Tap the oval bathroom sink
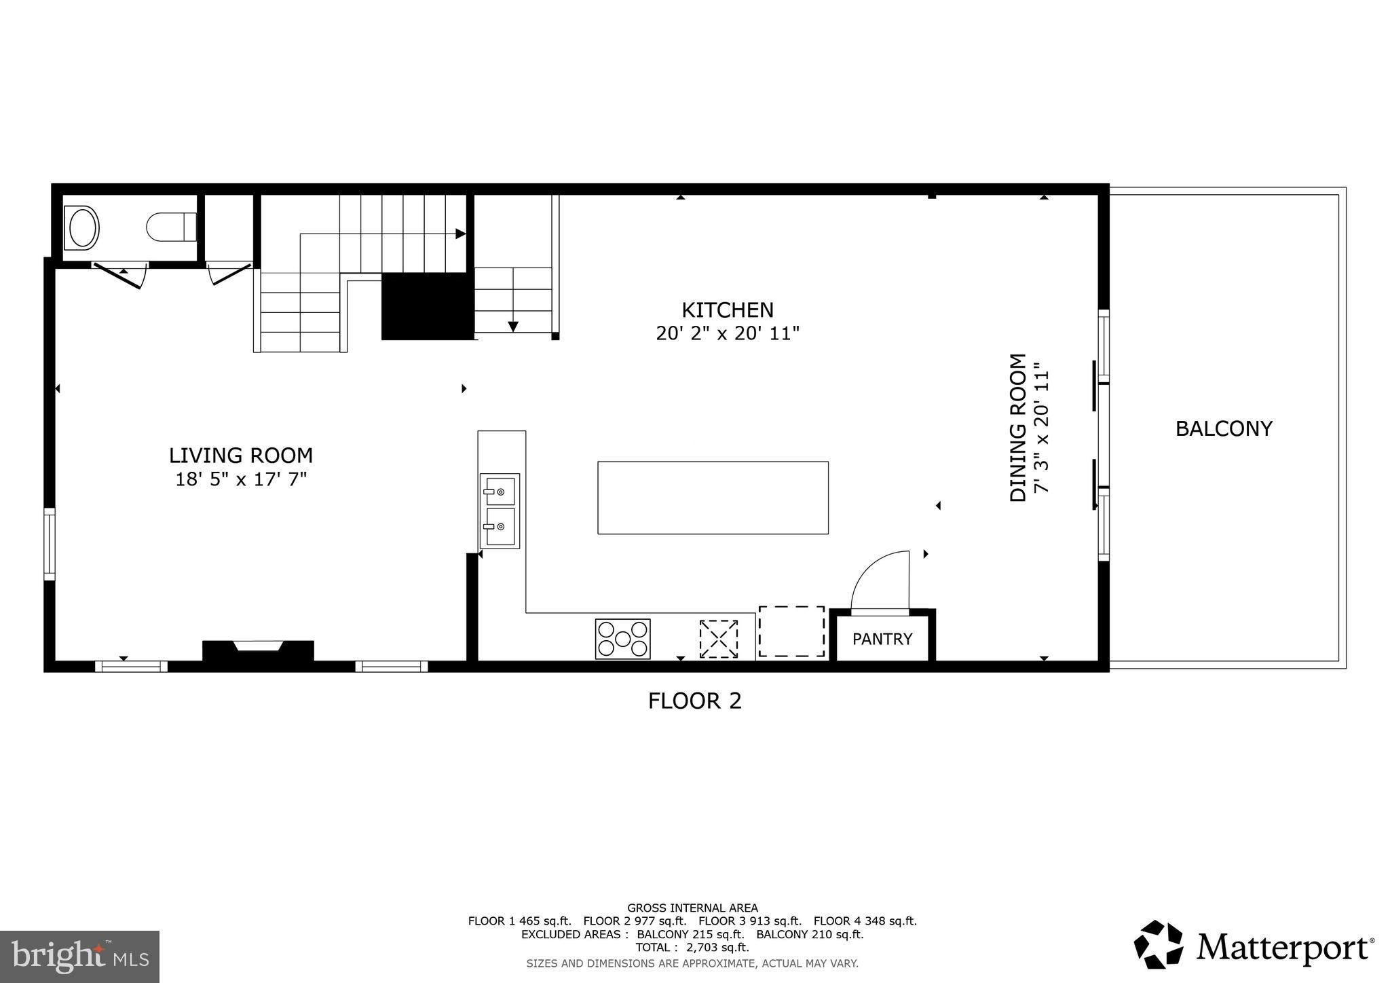pos(82,227)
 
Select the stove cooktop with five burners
pos(622,639)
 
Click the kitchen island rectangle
pos(713,498)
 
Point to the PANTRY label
pos(882,639)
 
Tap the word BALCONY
pos(1223,428)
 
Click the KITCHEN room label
pos(727,310)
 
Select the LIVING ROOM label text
pos(240,455)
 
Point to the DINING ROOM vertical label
pos(1018,428)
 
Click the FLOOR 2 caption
pos(694,701)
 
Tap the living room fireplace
pos(258,650)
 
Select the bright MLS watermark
pos(79,957)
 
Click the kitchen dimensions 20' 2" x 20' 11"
pos(728,334)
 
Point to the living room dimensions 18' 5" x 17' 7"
pos(241,479)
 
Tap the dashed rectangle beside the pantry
pos(791,631)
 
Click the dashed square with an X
pos(718,639)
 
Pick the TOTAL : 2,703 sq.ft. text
pos(692,947)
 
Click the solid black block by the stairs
pos(426,306)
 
